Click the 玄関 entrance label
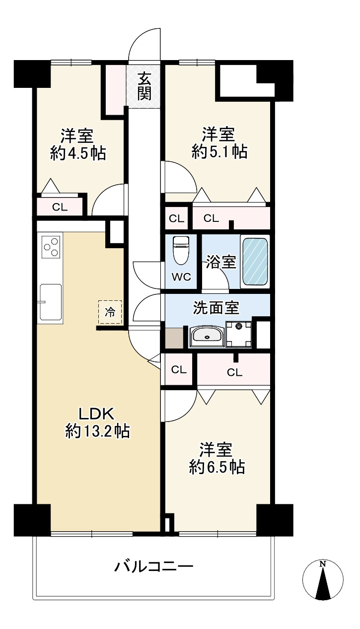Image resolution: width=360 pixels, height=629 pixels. click(x=144, y=86)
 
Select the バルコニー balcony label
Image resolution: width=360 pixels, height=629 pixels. click(x=153, y=566)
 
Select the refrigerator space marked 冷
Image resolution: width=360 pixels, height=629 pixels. click(x=110, y=312)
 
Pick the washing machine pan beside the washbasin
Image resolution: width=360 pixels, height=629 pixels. click(x=239, y=334)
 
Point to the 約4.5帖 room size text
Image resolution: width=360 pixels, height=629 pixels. click(x=78, y=153)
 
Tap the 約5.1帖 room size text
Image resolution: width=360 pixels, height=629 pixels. click(x=219, y=152)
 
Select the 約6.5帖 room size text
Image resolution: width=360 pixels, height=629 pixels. click(x=216, y=467)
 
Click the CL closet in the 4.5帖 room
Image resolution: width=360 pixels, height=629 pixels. click(x=60, y=207)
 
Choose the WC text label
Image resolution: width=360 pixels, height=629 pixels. click(x=181, y=278)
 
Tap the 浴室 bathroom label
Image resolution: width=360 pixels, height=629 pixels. click(x=221, y=262)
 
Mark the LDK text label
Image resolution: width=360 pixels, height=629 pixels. click(x=97, y=413)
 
